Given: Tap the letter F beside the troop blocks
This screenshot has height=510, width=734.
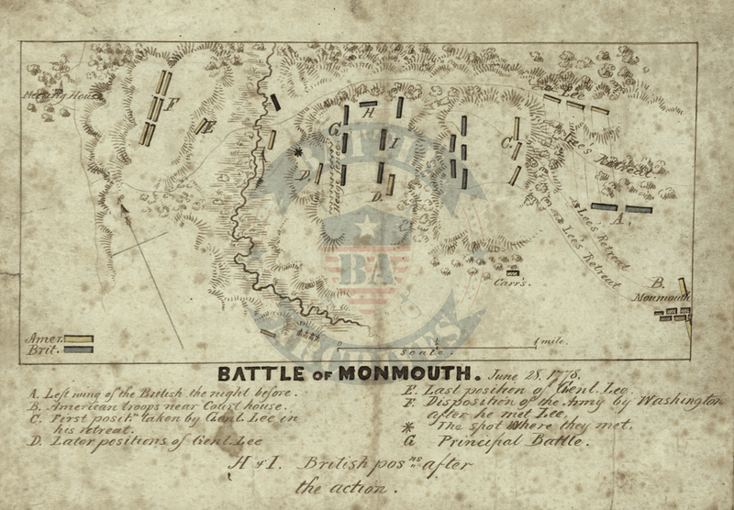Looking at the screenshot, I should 172,103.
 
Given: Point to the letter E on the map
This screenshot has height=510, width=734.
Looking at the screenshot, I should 209,127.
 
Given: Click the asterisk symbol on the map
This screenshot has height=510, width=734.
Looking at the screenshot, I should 298,153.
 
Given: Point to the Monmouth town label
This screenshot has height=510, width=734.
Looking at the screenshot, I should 667,297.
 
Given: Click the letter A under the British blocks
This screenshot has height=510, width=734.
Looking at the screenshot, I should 618,220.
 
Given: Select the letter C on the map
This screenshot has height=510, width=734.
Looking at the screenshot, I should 506,142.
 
